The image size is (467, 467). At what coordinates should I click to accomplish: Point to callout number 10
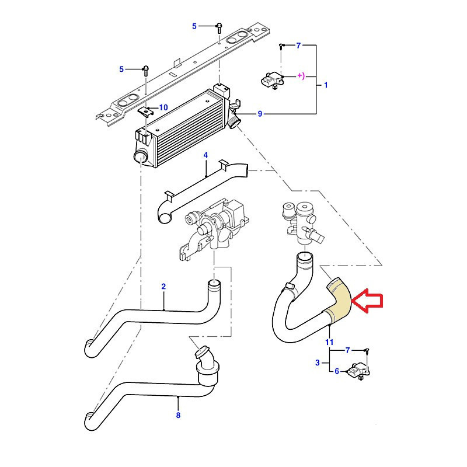[163, 107]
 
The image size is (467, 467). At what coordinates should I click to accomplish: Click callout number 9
[260, 113]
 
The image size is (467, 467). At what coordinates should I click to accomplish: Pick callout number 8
[178, 415]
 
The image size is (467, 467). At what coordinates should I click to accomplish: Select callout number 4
[205, 155]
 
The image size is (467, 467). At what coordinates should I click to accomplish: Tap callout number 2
[163, 287]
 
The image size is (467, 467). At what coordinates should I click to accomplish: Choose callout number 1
[326, 85]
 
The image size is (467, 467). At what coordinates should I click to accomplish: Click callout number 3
[318, 363]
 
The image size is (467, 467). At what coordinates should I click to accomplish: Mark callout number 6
[337, 370]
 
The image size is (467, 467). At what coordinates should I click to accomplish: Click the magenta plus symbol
[300, 75]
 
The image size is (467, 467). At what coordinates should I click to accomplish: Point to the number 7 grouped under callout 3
[347, 350]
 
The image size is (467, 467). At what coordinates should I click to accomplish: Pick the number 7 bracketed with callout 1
[298, 45]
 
